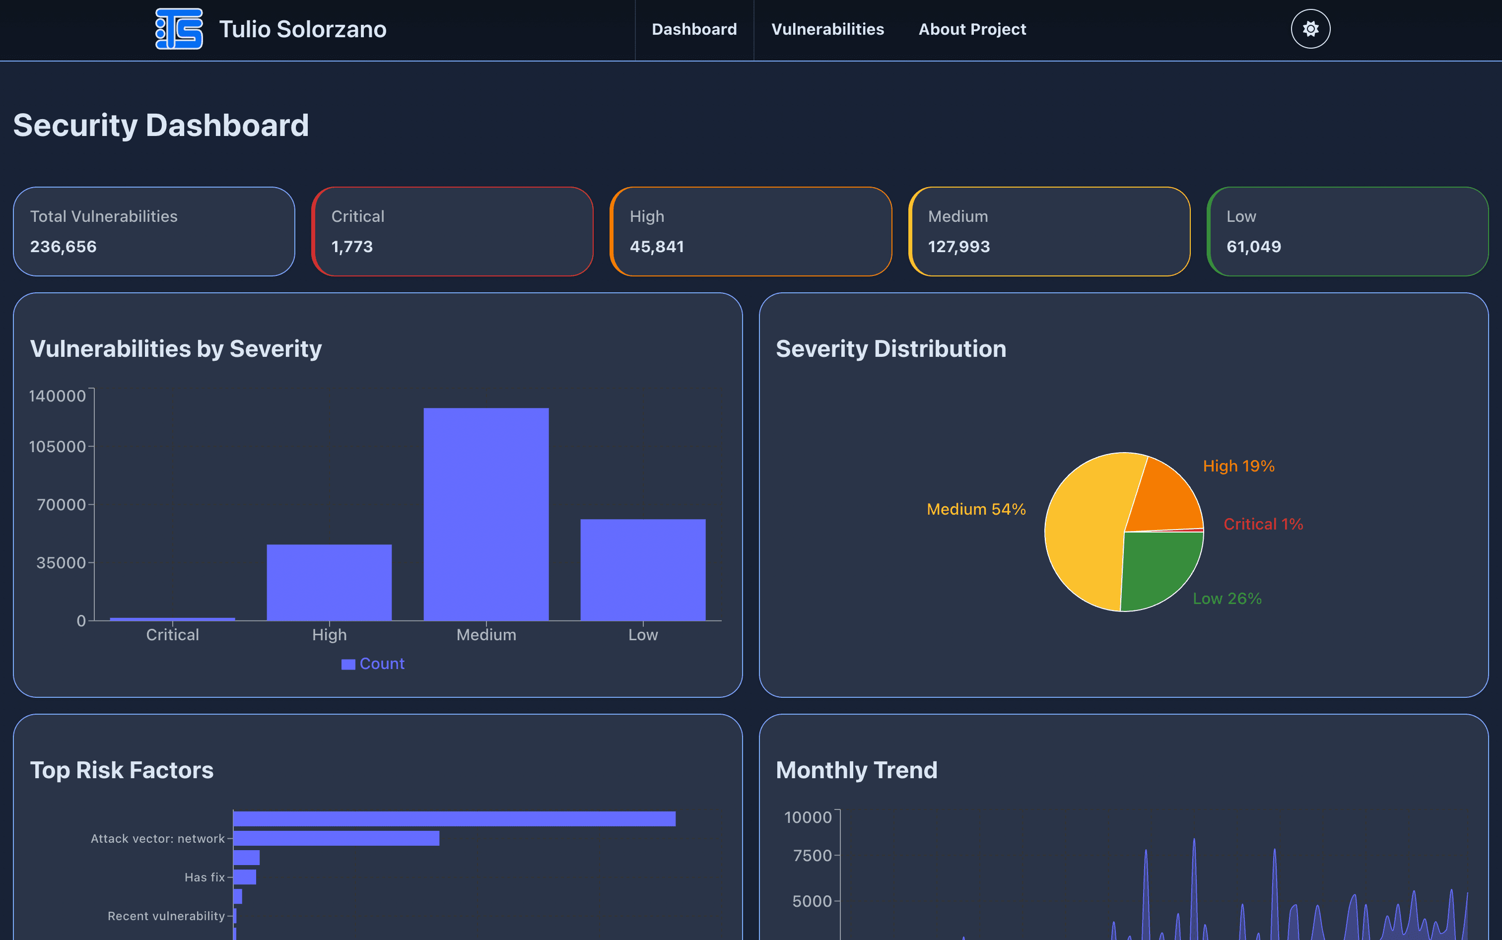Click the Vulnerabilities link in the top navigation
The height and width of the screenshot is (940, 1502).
point(827,29)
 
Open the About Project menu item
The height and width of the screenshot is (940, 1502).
point(972,29)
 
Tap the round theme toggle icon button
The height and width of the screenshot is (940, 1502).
point(1310,29)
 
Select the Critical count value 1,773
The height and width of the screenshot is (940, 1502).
point(352,247)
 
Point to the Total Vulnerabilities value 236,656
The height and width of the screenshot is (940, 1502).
point(64,247)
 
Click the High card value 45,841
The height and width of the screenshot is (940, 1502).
point(657,247)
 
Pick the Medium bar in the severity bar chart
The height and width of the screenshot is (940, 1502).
point(486,514)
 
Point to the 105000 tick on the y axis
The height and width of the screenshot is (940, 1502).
point(57,446)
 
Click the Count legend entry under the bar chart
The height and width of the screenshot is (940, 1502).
point(374,664)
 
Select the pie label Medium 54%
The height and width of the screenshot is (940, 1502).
point(975,509)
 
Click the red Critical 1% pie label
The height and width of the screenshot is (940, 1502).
point(1263,524)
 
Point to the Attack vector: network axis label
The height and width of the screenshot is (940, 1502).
point(157,839)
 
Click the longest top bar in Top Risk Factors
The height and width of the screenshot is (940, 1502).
point(454,819)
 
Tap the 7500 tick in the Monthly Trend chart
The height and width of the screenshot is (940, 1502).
point(812,856)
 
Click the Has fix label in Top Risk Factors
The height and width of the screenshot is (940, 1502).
point(205,877)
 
